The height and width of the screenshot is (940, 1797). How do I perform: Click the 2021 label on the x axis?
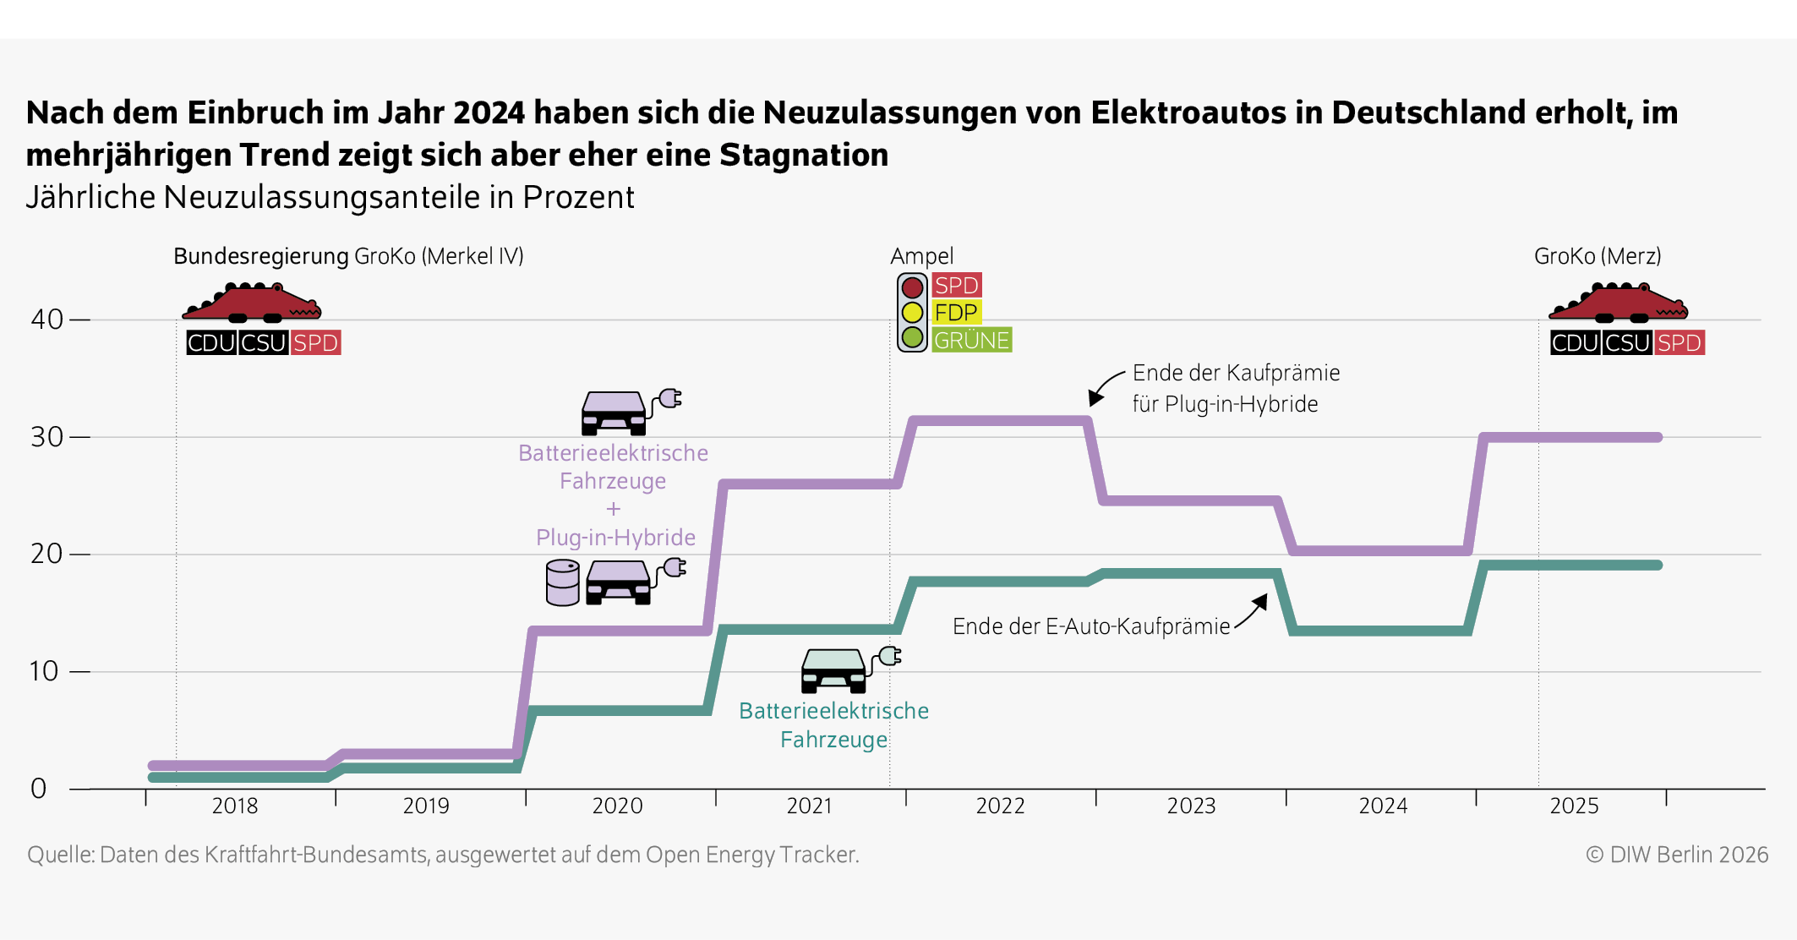[x=809, y=806]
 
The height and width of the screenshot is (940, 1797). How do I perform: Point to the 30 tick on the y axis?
[x=47, y=437]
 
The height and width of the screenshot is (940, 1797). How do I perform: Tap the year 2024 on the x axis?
[x=1383, y=806]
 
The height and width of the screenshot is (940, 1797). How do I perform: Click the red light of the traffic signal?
[x=912, y=287]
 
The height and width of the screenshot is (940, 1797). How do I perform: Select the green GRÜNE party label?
[x=971, y=340]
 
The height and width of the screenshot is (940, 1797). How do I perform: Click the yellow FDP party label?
[x=956, y=313]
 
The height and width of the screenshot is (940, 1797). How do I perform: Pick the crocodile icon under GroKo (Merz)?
[x=1617, y=303]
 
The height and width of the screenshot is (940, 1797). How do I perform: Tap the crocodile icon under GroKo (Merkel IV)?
[x=251, y=303]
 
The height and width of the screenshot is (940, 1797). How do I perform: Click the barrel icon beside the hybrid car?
[x=562, y=582]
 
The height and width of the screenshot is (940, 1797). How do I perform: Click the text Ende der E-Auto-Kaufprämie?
[x=1090, y=626]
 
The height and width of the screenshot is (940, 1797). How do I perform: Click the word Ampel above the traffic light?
[x=921, y=256]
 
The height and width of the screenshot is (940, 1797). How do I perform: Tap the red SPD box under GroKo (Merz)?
[x=1679, y=343]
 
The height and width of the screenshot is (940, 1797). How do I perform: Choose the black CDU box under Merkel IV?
[x=211, y=343]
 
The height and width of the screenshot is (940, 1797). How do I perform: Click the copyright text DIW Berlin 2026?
[x=1677, y=855]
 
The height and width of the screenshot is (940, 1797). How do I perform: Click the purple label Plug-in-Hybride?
[x=615, y=538]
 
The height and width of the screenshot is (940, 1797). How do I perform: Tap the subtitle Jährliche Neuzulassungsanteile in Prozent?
[x=330, y=197]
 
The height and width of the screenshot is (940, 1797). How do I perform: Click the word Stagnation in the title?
[x=803, y=155]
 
